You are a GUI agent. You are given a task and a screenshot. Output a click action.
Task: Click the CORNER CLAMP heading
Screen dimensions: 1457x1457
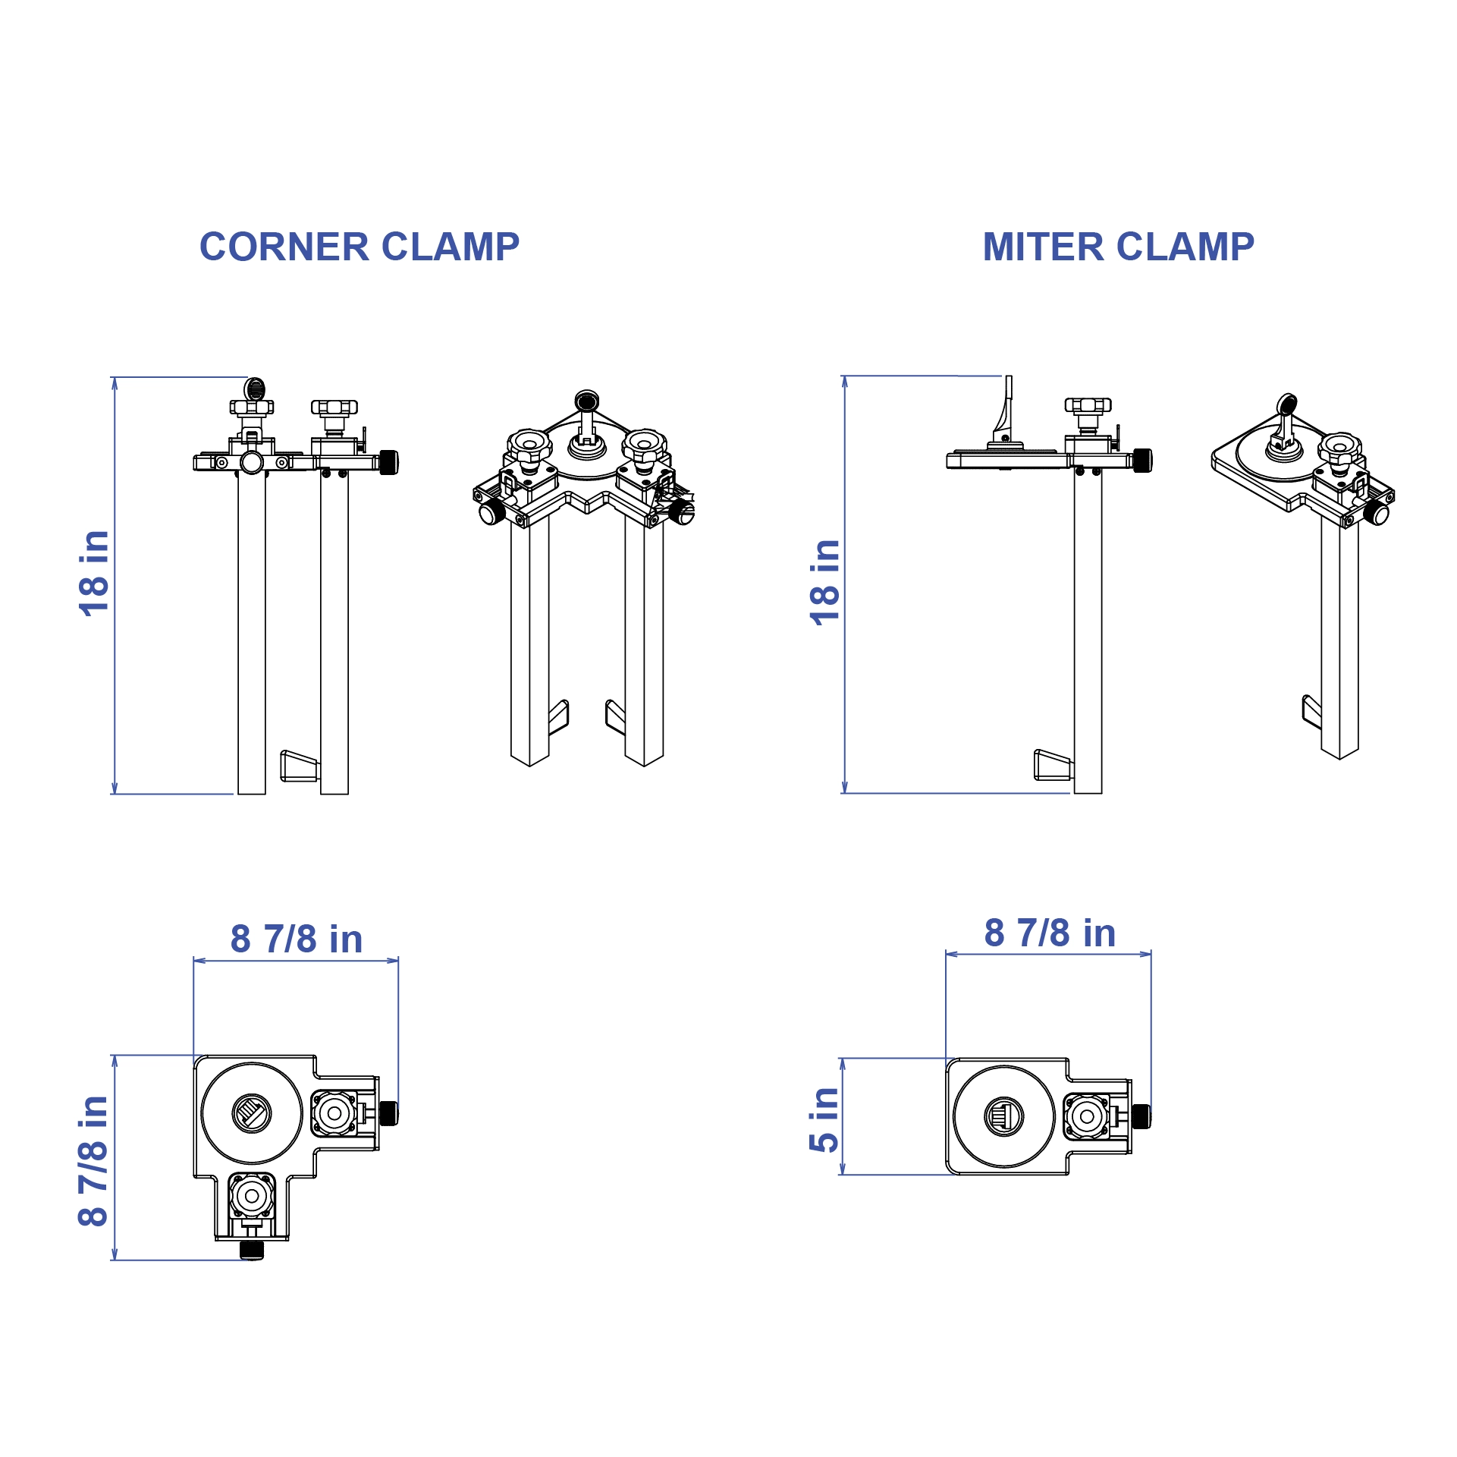(x=359, y=247)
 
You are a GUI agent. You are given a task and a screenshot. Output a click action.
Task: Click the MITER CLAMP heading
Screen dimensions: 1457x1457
(x=1118, y=247)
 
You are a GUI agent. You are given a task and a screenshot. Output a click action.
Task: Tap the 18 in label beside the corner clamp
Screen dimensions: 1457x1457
(x=95, y=574)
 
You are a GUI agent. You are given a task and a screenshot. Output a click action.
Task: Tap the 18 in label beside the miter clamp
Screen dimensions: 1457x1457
(x=825, y=583)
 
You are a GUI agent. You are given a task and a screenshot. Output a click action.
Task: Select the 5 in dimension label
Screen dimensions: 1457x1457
(x=825, y=1119)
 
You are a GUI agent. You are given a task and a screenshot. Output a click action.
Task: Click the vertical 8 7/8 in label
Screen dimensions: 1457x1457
(x=95, y=1162)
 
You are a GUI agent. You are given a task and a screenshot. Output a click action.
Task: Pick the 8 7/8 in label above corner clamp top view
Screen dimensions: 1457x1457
(x=297, y=939)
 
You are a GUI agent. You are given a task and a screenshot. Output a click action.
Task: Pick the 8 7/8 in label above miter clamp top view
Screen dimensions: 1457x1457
(x=1050, y=933)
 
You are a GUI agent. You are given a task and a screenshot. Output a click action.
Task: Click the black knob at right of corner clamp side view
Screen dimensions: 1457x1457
(x=388, y=462)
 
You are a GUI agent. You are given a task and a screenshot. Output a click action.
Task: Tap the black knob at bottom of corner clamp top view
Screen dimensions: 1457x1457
(x=252, y=1250)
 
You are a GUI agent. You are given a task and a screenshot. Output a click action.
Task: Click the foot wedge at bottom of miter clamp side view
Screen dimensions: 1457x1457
(x=1053, y=765)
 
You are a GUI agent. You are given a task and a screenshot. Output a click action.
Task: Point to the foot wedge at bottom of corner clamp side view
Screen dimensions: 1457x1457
(x=299, y=766)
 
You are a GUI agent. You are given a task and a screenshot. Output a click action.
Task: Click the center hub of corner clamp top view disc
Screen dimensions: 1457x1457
(x=252, y=1114)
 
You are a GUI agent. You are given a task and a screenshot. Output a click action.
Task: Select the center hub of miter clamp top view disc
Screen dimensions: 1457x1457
(x=1003, y=1116)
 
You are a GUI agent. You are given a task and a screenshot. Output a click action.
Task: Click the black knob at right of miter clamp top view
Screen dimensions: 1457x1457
(x=1141, y=1116)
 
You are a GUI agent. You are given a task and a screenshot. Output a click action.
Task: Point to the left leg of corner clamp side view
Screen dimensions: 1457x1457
(x=252, y=630)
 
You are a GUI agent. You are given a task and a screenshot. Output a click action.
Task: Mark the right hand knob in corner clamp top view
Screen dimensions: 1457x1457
(x=334, y=1114)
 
